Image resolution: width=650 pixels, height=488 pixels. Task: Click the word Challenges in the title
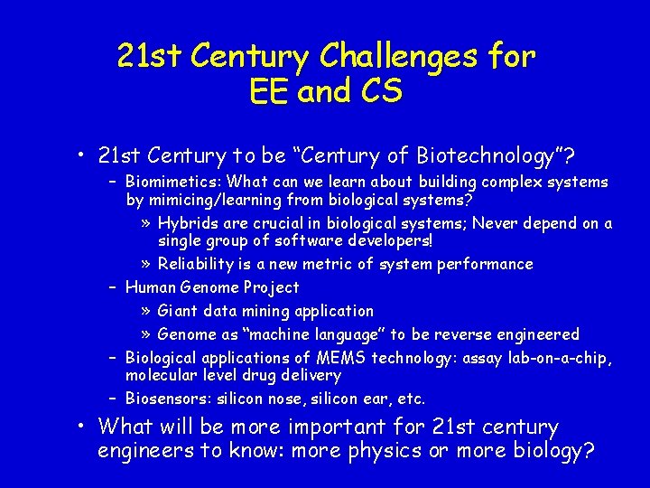[391, 57]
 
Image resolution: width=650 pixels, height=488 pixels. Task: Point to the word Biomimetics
[165, 183]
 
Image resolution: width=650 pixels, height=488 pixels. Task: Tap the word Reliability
[196, 265]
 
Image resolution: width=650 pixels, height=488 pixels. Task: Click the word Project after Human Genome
[271, 288]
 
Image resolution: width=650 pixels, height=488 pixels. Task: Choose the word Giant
[178, 312]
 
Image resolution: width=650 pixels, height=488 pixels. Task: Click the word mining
[274, 312]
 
